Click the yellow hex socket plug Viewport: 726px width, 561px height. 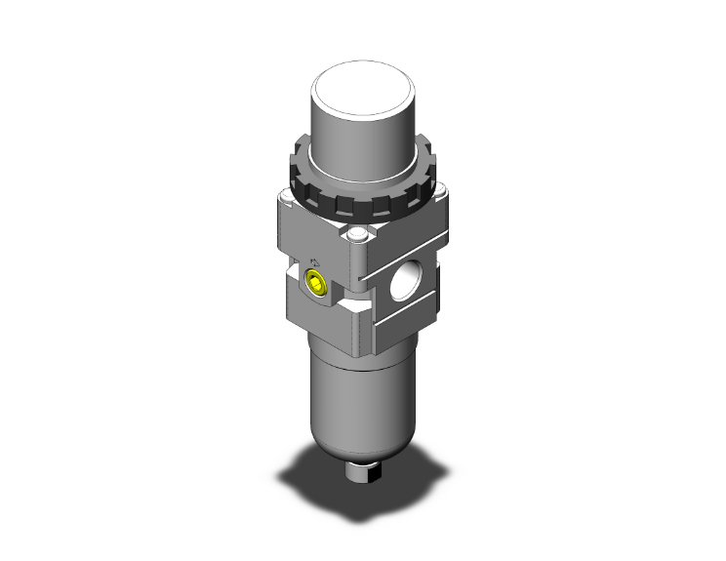pyautogui.click(x=316, y=285)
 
